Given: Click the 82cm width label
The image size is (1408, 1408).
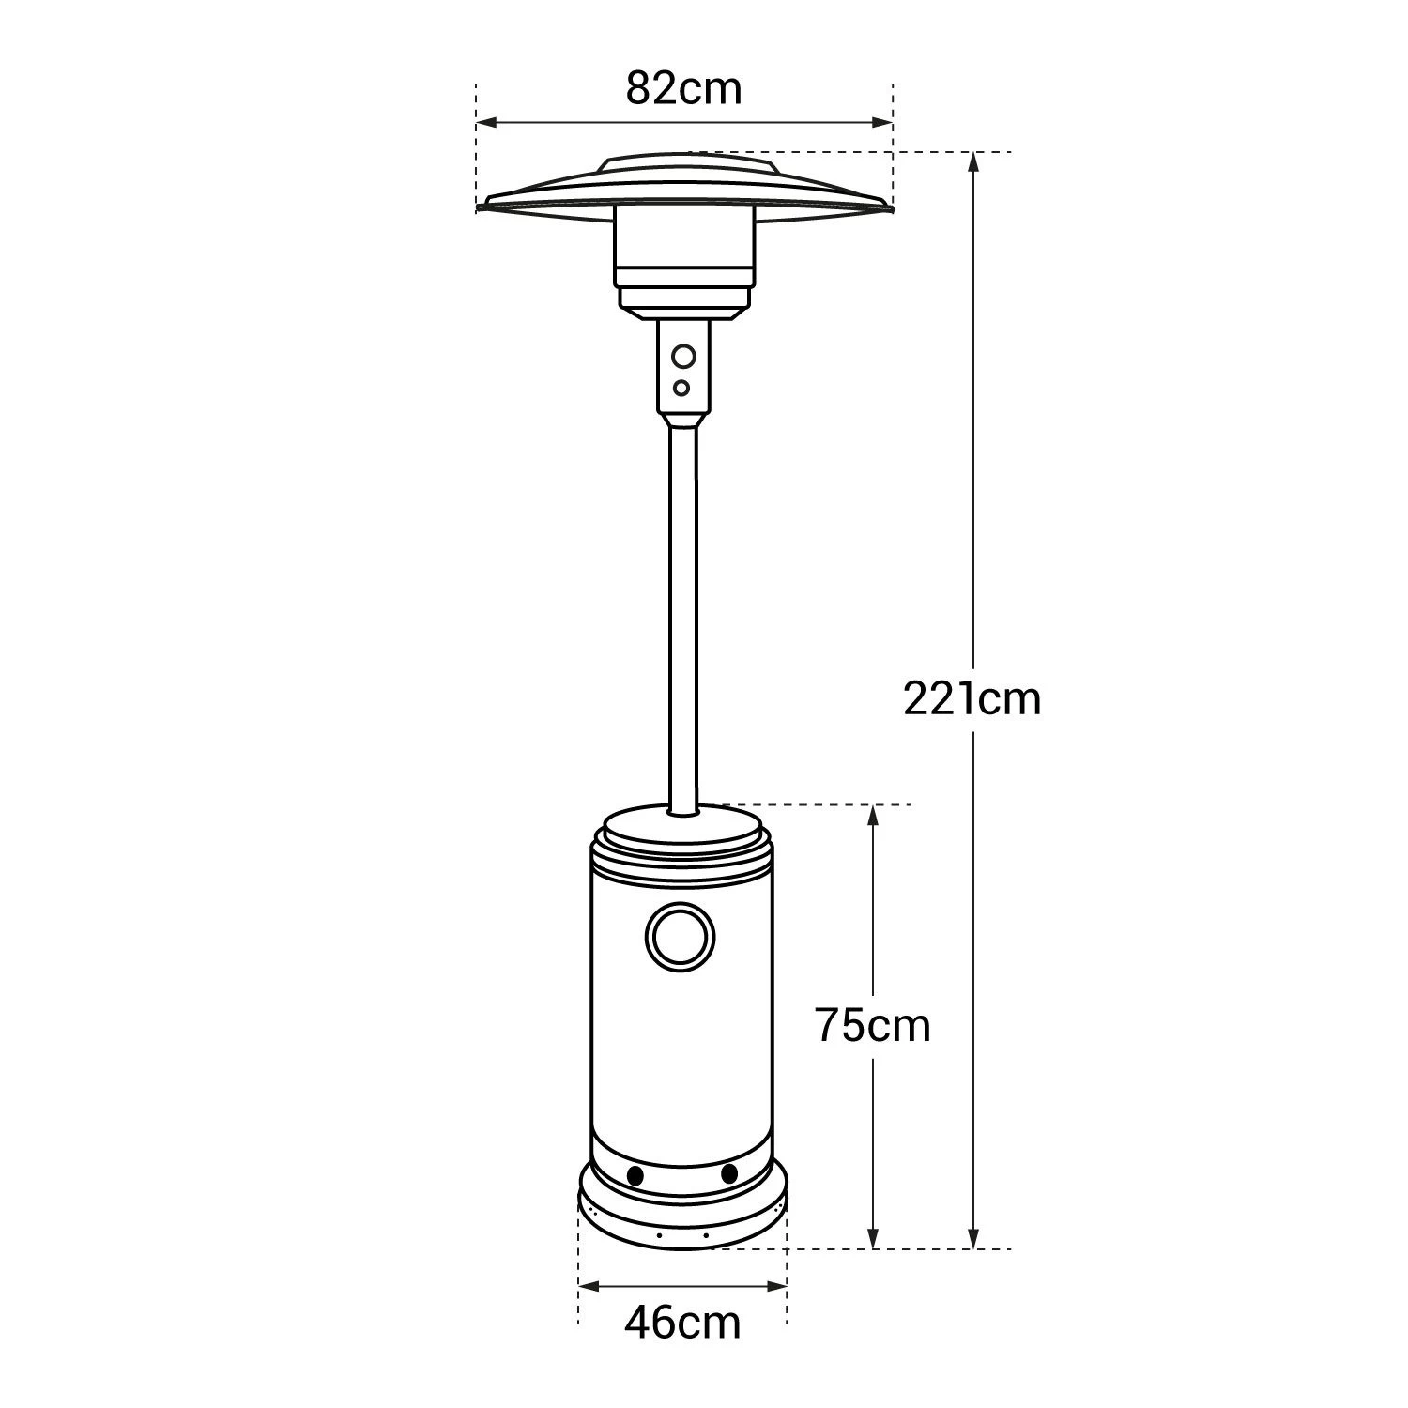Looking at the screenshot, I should (x=683, y=89).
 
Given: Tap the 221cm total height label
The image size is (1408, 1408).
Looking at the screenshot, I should (x=972, y=699).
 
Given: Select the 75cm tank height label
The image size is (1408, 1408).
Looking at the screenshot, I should (x=872, y=1025).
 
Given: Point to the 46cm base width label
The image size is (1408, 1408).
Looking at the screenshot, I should (x=682, y=1323).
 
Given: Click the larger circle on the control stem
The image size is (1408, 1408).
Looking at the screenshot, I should (x=683, y=357).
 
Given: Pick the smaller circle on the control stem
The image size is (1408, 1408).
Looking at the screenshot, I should (x=682, y=388).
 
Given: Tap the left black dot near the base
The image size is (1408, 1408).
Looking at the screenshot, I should (x=635, y=1175).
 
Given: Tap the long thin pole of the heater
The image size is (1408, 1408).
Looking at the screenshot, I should (x=683, y=610).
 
